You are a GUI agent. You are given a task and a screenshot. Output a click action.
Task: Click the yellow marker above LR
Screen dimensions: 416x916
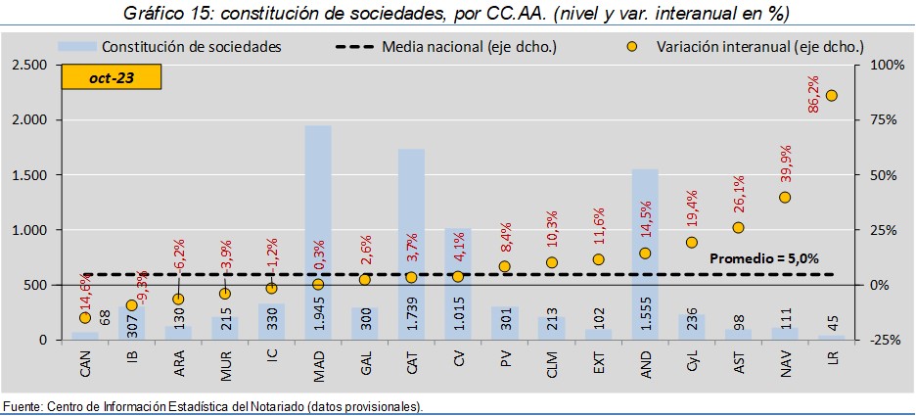pyautogui.click(x=831, y=95)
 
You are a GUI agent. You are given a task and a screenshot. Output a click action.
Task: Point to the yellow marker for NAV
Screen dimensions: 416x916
pyautogui.click(x=785, y=197)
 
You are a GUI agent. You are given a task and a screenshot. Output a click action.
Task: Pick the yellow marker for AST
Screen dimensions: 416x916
pyautogui.click(x=738, y=227)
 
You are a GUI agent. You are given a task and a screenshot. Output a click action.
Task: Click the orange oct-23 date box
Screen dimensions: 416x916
pyautogui.click(x=112, y=78)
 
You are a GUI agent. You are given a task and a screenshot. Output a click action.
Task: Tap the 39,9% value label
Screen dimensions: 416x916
pyautogui.click(x=785, y=166)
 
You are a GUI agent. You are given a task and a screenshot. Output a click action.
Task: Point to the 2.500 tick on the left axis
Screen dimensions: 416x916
pyautogui.click(x=29, y=65)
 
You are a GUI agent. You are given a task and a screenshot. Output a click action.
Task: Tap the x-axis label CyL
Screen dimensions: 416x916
pyautogui.click(x=692, y=366)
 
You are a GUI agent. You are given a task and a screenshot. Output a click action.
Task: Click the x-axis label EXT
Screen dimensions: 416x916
pyautogui.click(x=599, y=366)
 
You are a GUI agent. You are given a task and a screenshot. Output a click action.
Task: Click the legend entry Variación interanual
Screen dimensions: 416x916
pyautogui.click(x=754, y=46)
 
